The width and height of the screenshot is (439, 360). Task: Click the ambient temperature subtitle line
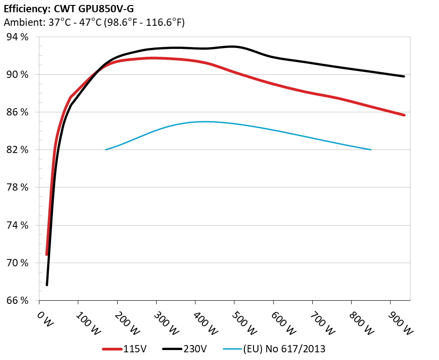94,22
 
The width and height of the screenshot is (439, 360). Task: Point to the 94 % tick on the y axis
16,37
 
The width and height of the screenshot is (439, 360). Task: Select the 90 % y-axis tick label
16,75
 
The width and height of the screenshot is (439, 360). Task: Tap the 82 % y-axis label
16,150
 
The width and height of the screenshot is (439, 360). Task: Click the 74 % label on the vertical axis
16,225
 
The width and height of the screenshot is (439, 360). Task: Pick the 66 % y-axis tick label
16,301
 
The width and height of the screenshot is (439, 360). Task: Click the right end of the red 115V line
404,115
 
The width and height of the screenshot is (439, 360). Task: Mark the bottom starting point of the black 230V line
47,285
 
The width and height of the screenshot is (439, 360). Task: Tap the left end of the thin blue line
106,149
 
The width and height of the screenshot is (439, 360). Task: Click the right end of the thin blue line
371,149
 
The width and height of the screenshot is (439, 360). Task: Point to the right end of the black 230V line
404,77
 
